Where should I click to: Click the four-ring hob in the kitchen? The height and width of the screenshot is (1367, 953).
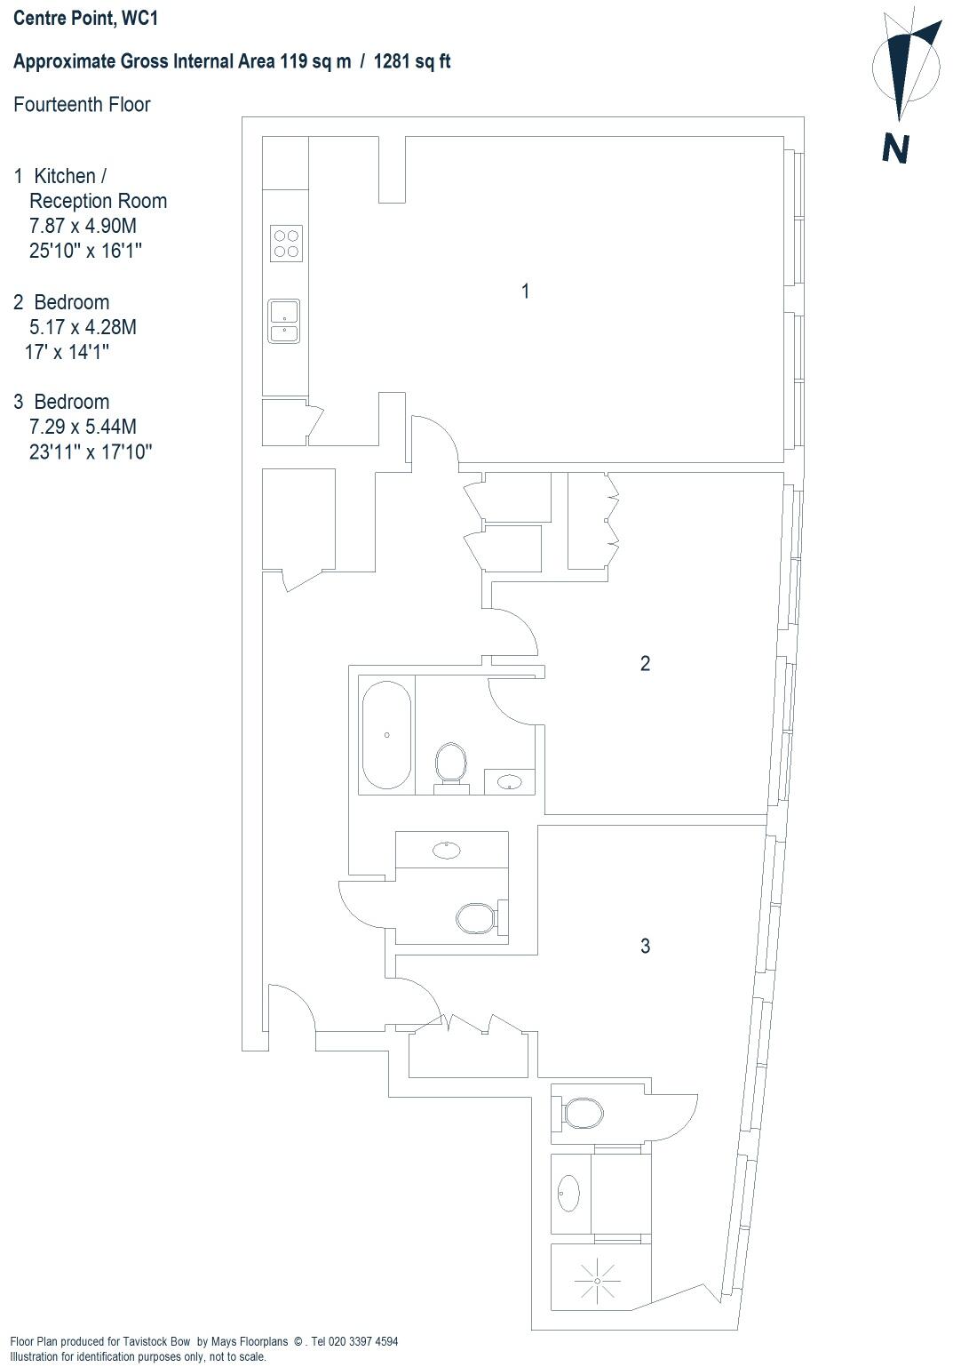286,243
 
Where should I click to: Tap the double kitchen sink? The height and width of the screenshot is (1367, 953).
284,321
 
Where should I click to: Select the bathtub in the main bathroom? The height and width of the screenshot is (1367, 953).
386,735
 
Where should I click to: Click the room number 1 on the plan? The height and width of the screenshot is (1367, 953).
526,291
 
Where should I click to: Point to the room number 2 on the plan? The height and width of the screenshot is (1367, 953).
645,663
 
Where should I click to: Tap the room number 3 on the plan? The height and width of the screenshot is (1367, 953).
645,946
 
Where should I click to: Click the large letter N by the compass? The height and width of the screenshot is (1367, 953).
895,148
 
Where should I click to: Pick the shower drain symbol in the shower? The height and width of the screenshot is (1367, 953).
597,1280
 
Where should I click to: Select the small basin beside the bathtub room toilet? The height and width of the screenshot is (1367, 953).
510,782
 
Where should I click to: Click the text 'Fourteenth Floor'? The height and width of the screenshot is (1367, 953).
82,105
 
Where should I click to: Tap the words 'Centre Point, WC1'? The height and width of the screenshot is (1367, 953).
85,17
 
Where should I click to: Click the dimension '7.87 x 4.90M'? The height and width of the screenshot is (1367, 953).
83,226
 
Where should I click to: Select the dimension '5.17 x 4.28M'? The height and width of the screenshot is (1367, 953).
83,327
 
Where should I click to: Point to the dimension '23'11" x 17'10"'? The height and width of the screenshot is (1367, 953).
91,452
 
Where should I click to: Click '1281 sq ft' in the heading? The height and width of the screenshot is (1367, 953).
412,61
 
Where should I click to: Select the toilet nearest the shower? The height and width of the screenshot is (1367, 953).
583,1113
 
